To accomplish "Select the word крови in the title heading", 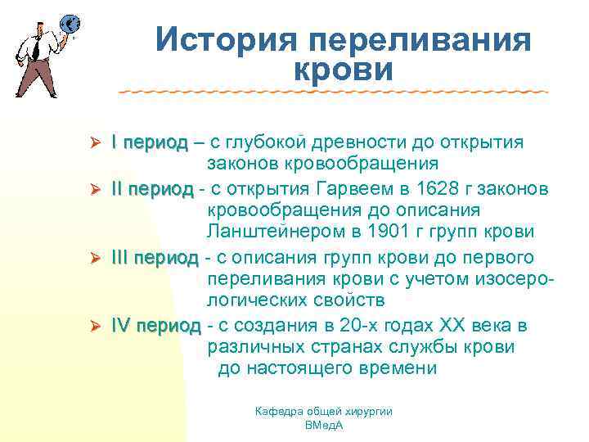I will (342, 70).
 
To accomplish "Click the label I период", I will (150, 142).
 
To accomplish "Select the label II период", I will (152, 188).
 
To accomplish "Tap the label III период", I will (155, 257).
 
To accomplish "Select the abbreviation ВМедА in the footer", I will (323, 426).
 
